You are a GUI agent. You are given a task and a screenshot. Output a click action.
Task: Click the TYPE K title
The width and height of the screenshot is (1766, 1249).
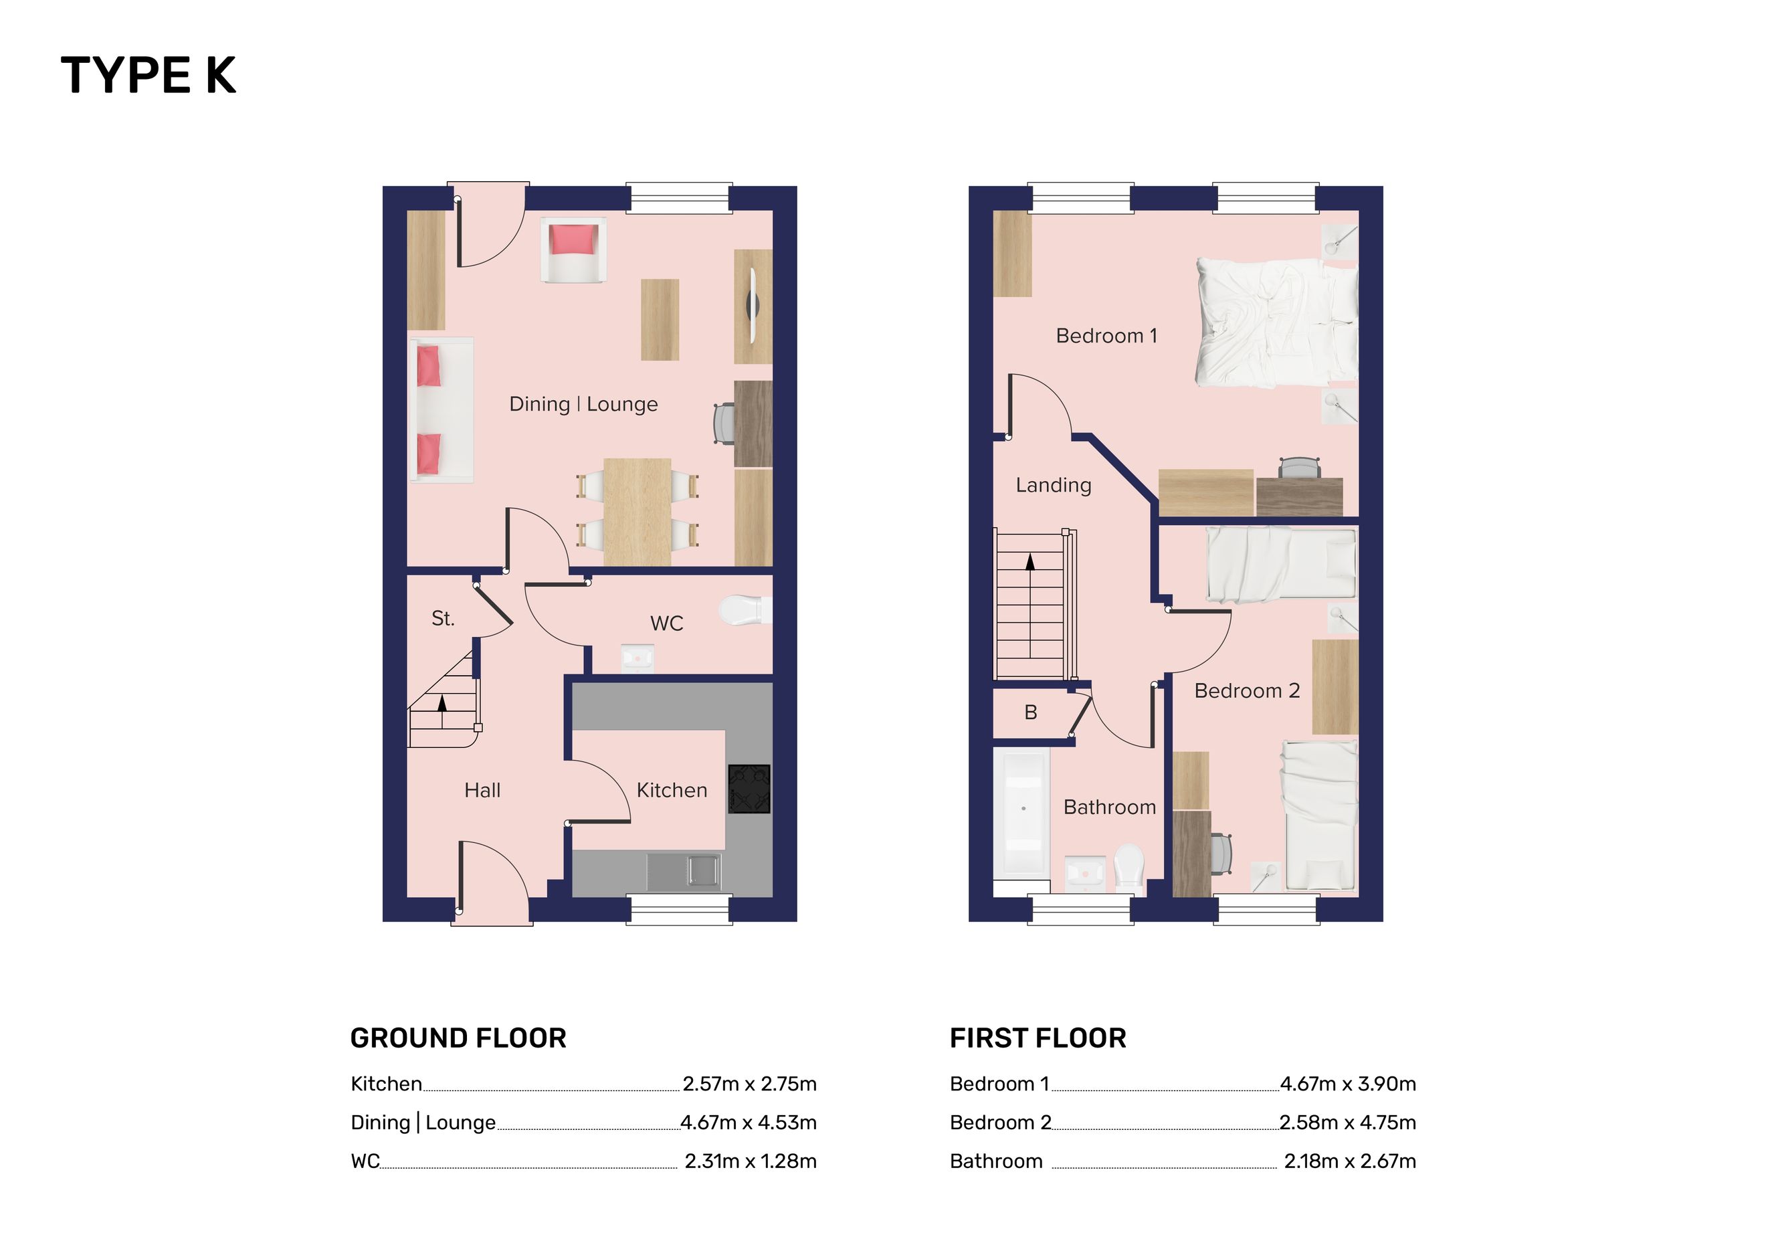[x=149, y=76]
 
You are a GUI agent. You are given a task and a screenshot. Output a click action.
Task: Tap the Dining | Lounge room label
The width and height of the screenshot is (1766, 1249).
[x=584, y=404]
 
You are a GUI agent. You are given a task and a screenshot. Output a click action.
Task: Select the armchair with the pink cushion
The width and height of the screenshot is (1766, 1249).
[x=573, y=250]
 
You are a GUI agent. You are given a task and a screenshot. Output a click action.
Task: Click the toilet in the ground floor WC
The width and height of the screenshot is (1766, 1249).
[x=741, y=611]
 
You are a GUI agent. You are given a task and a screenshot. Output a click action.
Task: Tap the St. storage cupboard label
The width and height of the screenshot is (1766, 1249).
[x=443, y=618]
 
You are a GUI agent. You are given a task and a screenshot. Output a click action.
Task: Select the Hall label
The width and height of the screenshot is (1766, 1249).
[x=482, y=790]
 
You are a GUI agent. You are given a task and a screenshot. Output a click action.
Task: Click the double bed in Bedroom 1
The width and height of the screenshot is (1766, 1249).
[x=1277, y=322]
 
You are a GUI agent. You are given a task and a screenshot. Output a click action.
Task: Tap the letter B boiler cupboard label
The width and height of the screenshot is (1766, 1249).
[x=1031, y=713]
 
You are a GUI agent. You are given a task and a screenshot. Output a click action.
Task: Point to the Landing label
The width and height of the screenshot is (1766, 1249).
[x=1054, y=485]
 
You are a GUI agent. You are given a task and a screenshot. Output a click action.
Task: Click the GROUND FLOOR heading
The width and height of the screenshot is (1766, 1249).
[x=458, y=1038]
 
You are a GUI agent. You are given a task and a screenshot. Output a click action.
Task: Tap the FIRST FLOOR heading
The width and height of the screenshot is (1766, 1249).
[x=1038, y=1038]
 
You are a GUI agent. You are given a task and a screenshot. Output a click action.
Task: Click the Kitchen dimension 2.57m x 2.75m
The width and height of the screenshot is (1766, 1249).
[x=750, y=1084]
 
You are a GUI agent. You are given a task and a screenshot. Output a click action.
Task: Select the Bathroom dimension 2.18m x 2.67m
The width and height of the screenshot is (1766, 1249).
[x=1350, y=1161]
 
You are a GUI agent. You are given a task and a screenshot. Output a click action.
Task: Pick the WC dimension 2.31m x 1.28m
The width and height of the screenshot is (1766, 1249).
[x=751, y=1161]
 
